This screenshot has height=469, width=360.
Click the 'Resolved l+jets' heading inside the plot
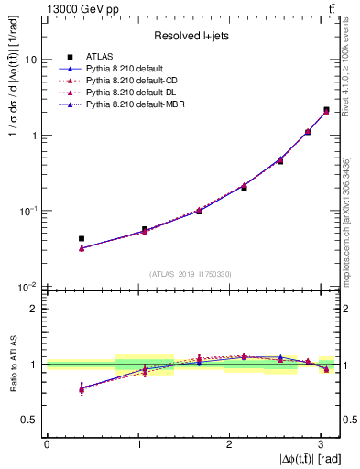pos(191,35)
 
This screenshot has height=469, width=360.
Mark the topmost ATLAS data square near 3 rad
pos(326,110)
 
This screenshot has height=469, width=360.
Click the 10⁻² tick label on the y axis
pos(27,287)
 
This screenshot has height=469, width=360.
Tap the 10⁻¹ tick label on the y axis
pos(27,211)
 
